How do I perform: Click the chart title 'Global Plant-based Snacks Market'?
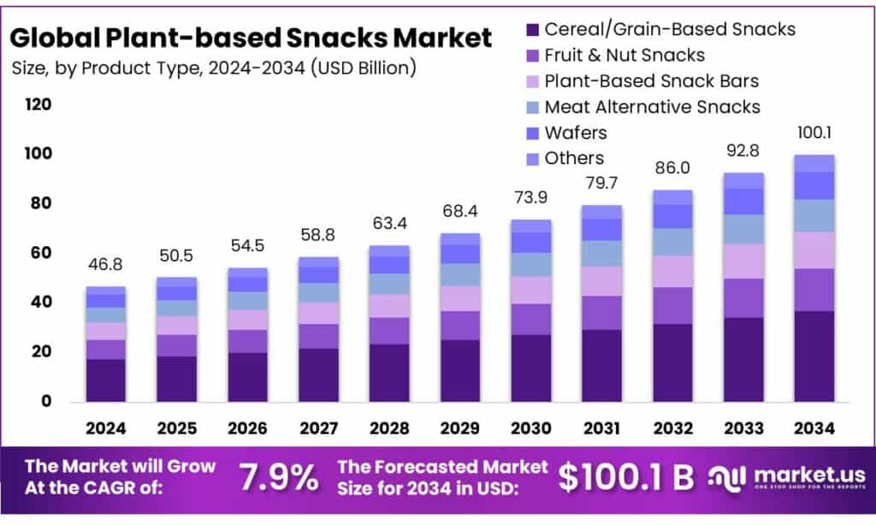252,38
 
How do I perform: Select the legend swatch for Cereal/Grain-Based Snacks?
530,30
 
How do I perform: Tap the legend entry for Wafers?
576,133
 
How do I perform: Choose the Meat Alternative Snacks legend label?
652,107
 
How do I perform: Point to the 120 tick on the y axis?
38,105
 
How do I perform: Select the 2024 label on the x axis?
105,428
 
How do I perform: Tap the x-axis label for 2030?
530,428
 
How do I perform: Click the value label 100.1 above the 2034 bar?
814,133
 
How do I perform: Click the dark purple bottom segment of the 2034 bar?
814,356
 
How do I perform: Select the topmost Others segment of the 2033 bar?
743,180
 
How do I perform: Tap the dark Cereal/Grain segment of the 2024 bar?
105,380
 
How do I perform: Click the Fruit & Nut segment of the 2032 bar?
672,305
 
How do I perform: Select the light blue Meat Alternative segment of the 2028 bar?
388,284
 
